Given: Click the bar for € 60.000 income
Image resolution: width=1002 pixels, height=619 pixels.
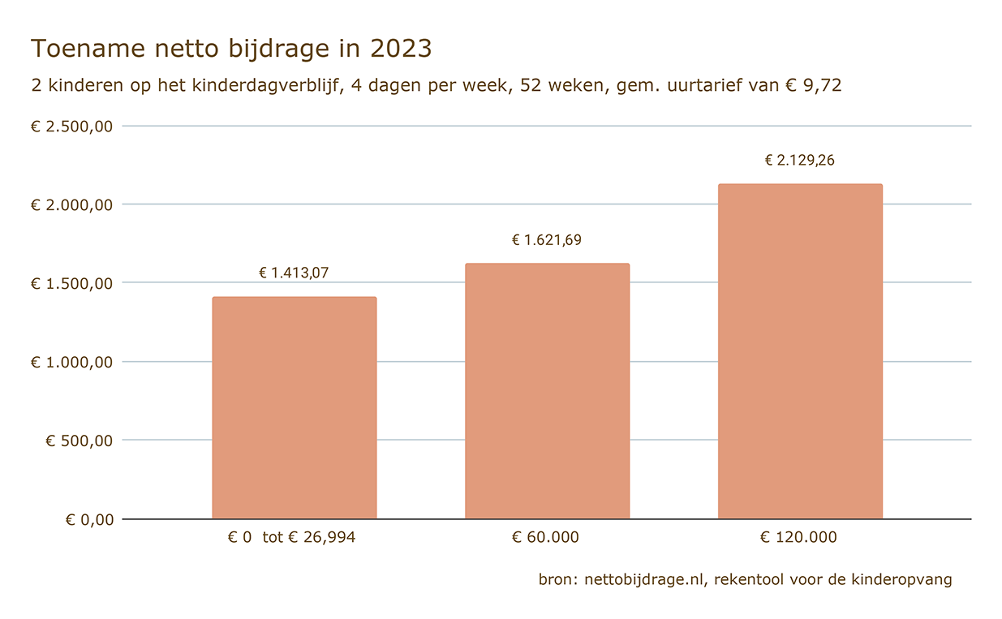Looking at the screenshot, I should (x=547, y=391).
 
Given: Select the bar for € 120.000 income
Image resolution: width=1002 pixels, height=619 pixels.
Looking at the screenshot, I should (x=800, y=351).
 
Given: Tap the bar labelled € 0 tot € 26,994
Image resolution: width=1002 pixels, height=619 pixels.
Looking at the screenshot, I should (x=294, y=408).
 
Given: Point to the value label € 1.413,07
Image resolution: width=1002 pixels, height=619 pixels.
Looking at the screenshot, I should (x=294, y=273).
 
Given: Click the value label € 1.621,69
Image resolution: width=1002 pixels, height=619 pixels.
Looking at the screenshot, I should (x=547, y=240).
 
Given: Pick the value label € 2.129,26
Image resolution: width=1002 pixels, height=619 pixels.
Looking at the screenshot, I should (x=800, y=161).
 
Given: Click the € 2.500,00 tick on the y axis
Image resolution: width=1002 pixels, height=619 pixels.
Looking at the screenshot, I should (x=71, y=127).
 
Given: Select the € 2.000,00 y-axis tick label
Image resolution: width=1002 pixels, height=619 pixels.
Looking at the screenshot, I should (x=71, y=205).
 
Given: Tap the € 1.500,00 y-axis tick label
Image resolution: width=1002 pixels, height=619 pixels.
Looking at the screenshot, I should (x=71, y=284).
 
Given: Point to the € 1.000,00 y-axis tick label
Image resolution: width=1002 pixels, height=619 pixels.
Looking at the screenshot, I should (x=71, y=363).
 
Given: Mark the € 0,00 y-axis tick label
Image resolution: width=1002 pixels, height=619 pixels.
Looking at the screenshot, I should (x=89, y=520).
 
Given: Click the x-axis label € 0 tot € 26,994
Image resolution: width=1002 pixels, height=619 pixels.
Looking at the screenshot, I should (x=292, y=538).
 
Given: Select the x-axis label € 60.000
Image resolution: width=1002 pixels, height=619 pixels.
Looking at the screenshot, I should (x=545, y=538).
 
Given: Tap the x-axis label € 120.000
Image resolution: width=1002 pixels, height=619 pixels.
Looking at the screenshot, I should (x=798, y=538).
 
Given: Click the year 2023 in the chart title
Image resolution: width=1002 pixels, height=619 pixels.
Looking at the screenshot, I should (x=401, y=49).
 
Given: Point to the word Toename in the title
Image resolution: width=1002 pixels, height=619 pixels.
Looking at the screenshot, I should (x=78, y=49).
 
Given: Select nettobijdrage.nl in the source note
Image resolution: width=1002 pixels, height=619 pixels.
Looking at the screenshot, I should (x=647, y=580).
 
